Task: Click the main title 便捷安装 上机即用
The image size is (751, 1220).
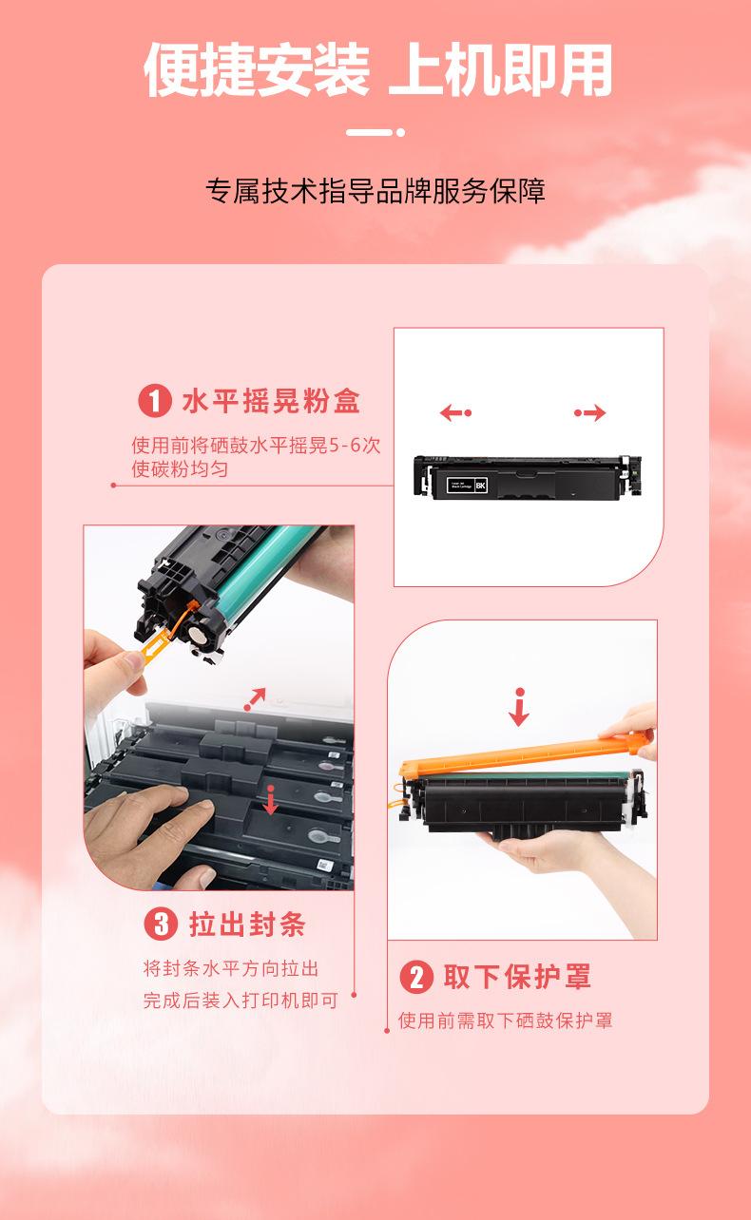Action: [x=377, y=70]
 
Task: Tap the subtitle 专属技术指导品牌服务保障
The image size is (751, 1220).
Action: [x=375, y=191]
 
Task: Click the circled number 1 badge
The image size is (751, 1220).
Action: [x=154, y=401]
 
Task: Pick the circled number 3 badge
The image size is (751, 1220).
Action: [x=161, y=924]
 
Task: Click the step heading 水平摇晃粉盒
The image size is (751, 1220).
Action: [x=271, y=401]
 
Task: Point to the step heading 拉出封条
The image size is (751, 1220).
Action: [x=247, y=925]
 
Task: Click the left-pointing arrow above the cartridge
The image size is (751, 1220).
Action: [x=455, y=412]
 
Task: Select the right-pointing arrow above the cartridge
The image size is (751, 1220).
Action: [x=590, y=412]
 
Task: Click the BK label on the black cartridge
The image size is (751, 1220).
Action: [x=480, y=486]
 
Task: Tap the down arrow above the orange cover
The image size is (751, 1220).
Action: [x=519, y=707]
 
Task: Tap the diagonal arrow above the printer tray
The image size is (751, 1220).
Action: [x=255, y=699]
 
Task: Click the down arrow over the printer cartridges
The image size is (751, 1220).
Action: [x=270, y=800]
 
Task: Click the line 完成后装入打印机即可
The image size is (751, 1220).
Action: [x=241, y=1000]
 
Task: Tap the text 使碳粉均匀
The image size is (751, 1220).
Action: [x=180, y=468]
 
